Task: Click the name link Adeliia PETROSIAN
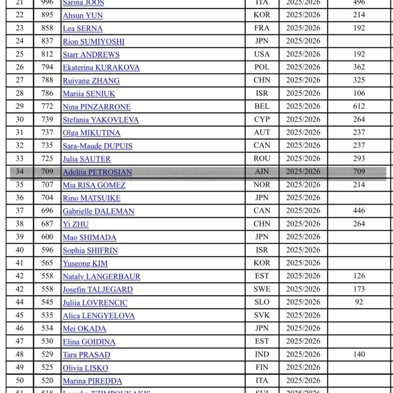pyautogui.click(x=97, y=172)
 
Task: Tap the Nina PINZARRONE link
pyautogui.click(x=97, y=107)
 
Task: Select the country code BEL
pyautogui.click(x=262, y=106)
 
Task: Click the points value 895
pyautogui.click(x=47, y=15)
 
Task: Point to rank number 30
pyautogui.click(x=20, y=119)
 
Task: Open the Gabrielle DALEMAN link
pyautogui.click(x=99, y=211)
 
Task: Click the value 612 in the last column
pyautogui.click(x=359, y=106)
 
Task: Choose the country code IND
pyautogui.click(x=262, y=354)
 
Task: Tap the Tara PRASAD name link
pyautogui.click(x=86, y=355)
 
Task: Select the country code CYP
pyautogui.click(x=262, y=119)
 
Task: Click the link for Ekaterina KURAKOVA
pyautogui.click(x=101, y=68)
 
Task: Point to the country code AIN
pyautogui.click(x=262, y=172)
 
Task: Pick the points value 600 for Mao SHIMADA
pyautogui.click(x=47, y=237)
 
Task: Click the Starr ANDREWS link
pyautogui.click(x=91, y=54)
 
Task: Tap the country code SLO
pyautogui.click(x=262, y=302)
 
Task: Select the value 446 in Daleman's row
pyautogui.click(x=359, y=211)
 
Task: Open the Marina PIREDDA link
pyautogui.click(x=92, y=381)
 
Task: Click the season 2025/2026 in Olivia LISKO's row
pyautogui.click(x=303, y=367)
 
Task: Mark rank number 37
pyautogui.click(x=20, y=211)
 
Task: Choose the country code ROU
pyautogui.click(x=262, y=159)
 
